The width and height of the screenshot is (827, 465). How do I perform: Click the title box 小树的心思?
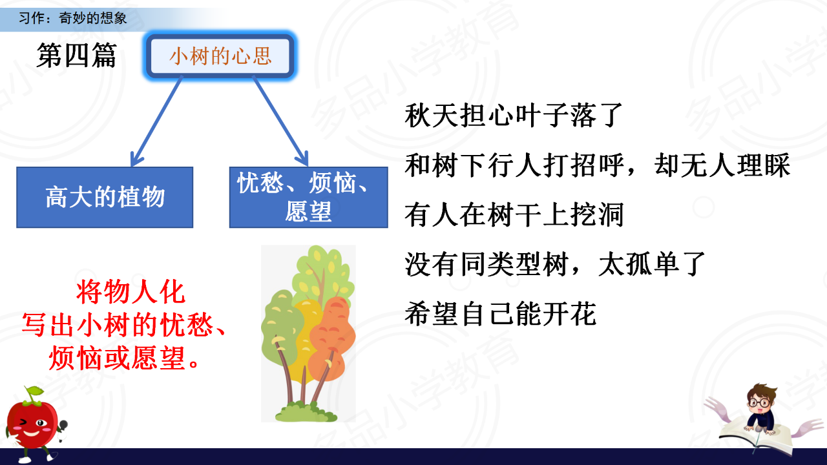[220, 56]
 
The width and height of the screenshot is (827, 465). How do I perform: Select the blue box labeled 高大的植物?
[105, 197]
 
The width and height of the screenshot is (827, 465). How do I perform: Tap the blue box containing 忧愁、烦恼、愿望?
[309, 197]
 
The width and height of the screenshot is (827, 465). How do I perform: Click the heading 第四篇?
[76, 56]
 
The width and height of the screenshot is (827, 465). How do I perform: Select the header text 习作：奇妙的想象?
[73, 17]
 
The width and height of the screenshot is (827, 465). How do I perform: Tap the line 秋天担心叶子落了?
[514, 115]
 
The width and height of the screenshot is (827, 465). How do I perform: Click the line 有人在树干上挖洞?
[514, 215]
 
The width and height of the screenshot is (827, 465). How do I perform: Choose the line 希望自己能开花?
[500, 314]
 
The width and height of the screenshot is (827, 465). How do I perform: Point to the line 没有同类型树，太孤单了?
[555, 264]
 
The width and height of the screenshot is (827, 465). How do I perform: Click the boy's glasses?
[759, 402]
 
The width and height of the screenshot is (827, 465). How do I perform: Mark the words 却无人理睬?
[722, 165]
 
